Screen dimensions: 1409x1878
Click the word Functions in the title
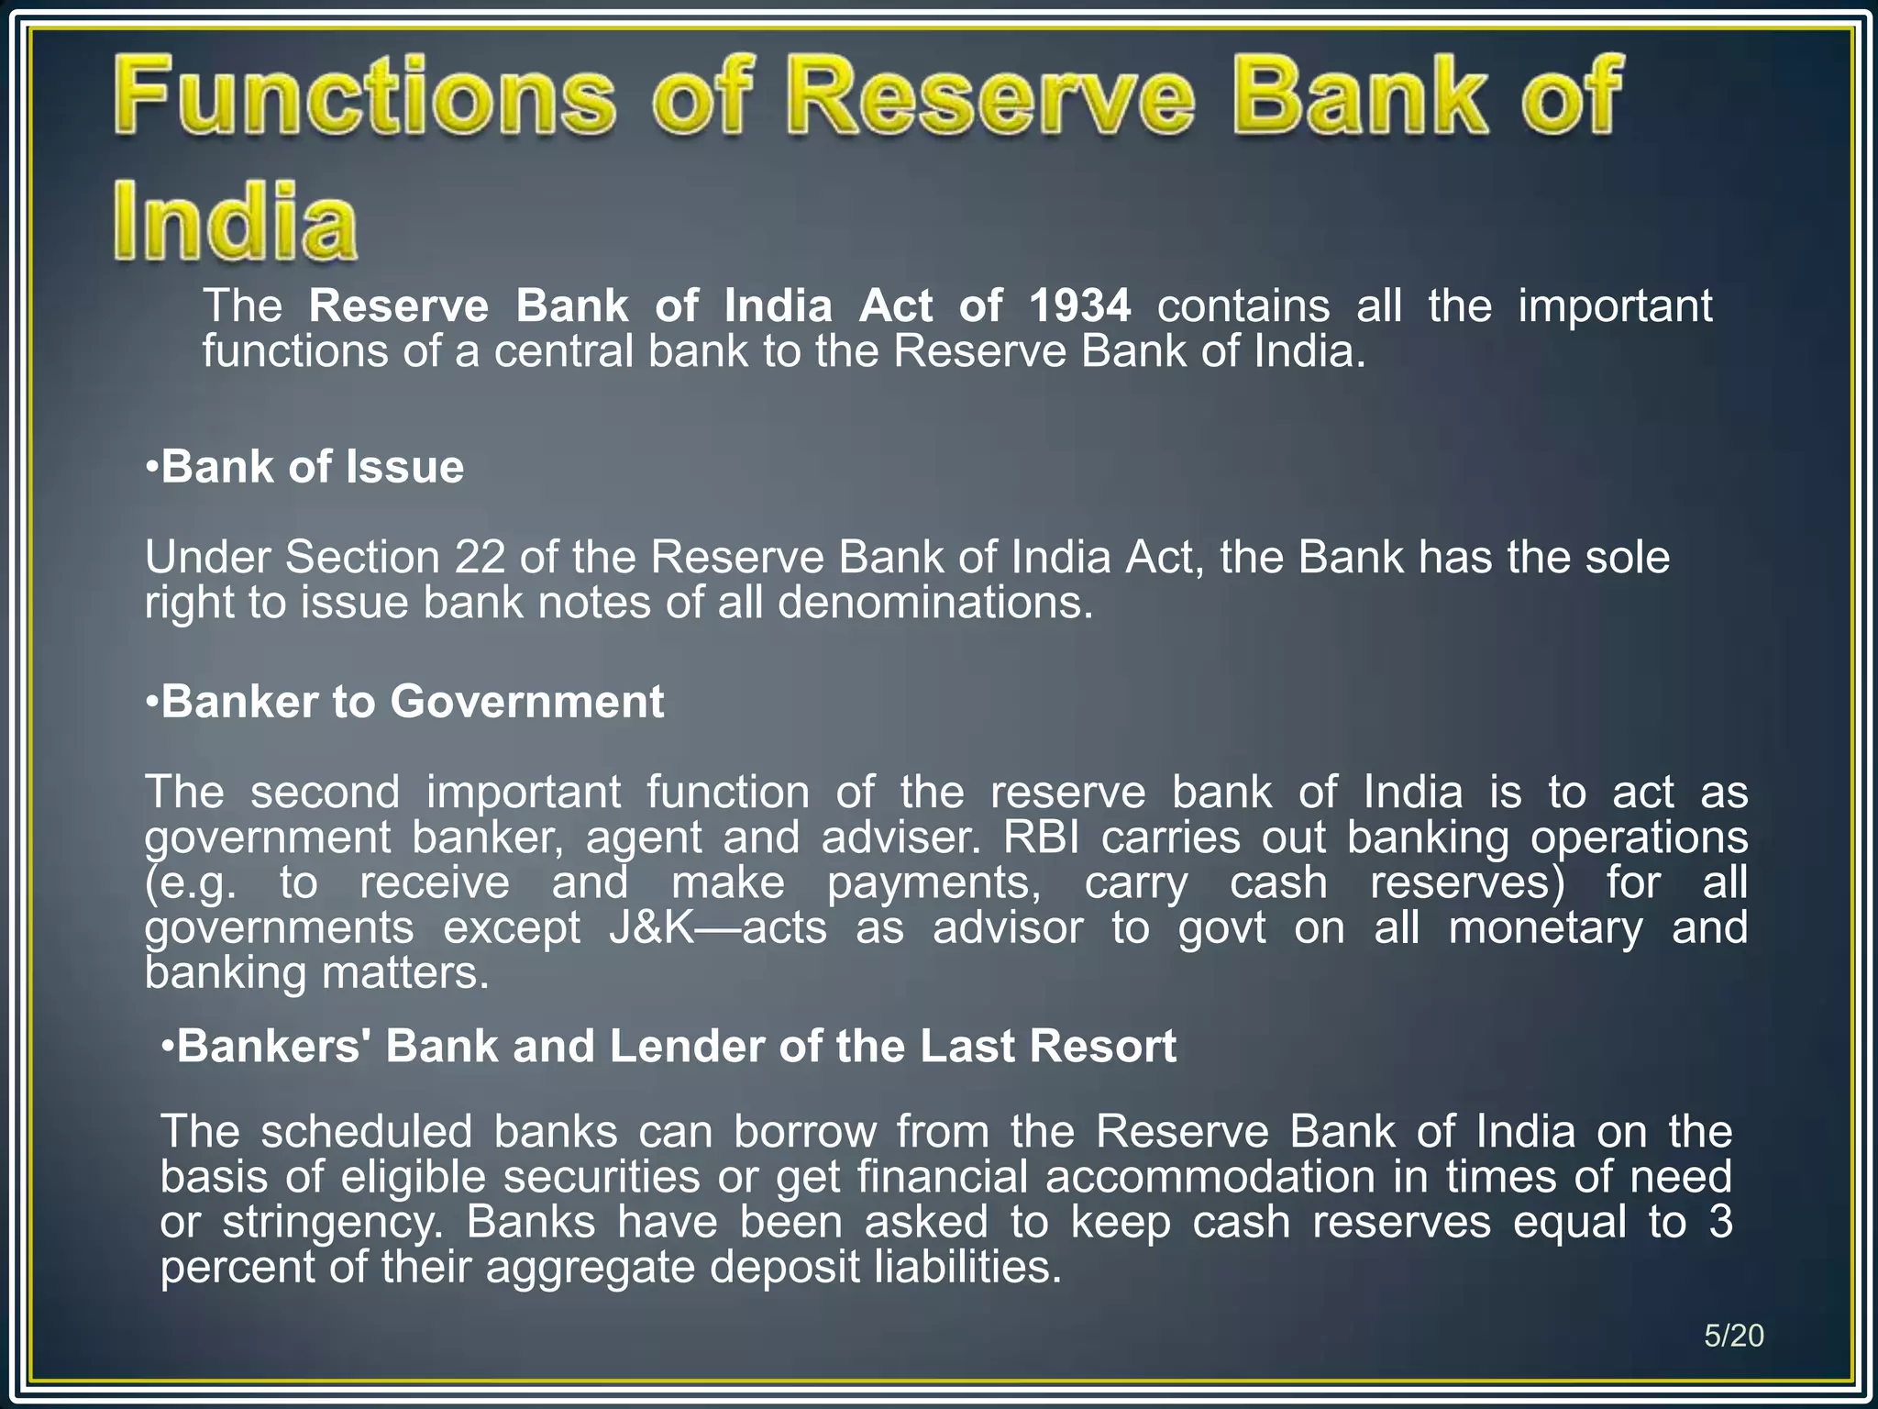coord(365,96)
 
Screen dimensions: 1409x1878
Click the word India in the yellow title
coord(235,221)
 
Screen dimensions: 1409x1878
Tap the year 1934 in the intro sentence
coord(1080,305)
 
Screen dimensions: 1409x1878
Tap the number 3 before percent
coord(1720,1222)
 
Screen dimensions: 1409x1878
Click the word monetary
coord(1545,927)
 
